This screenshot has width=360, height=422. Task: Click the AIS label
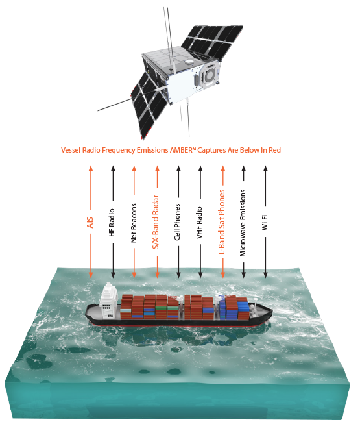click(x=90, y=223)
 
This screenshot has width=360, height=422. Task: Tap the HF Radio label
click(x=112, y=223)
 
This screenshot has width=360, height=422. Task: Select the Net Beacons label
click(x=134, y=223)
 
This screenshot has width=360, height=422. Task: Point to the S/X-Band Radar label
click(x=156, y=222)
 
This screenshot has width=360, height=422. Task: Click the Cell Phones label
click(x=177, y=222)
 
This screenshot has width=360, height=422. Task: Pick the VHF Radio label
click(x=199, y=223)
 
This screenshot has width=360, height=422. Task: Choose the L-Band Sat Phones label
click(x=222, y=221)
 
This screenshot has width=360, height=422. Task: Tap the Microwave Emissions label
click(x=243, y=223)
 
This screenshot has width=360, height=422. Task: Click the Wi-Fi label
click(x=265, y=223)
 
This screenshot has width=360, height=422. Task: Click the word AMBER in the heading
click(x=181, y=150)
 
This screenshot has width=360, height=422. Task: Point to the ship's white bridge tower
click(x=109, y=300)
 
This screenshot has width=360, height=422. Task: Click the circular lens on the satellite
click(x=209, y=75)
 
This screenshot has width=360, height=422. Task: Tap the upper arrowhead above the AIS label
click(x=91, y=169)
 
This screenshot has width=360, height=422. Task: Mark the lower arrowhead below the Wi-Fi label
click(x=265, y=275)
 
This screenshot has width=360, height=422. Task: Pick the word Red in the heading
click(x=275, y=150)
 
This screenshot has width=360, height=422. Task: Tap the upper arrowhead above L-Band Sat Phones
click(x=223, y=169)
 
